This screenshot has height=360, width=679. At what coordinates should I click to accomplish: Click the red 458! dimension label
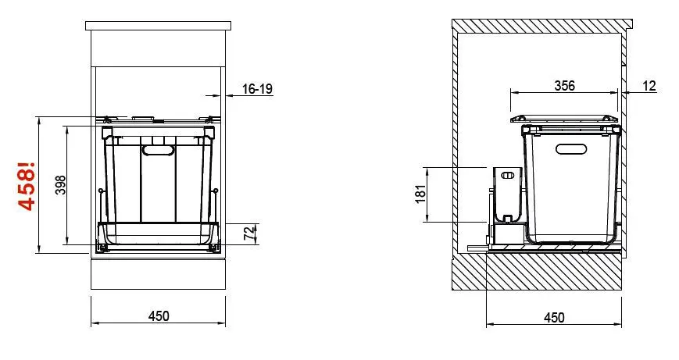pos(27,185)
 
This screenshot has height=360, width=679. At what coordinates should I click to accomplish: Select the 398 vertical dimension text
pos(62,185)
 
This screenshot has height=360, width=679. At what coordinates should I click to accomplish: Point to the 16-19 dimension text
pos(257,89)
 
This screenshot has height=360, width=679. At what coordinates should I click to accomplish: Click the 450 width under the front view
pos(159,316)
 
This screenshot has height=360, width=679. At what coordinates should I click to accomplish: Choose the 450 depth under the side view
pos(553,317)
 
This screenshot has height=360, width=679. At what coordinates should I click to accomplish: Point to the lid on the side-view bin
pos(563,119)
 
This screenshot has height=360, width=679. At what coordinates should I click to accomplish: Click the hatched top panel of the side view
pos(539,25)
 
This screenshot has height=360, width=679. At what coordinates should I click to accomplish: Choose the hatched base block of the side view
pos(539,273)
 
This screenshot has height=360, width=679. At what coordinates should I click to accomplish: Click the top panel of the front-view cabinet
pos(159,26)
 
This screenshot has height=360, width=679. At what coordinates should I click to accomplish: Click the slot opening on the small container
pos(509,175)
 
